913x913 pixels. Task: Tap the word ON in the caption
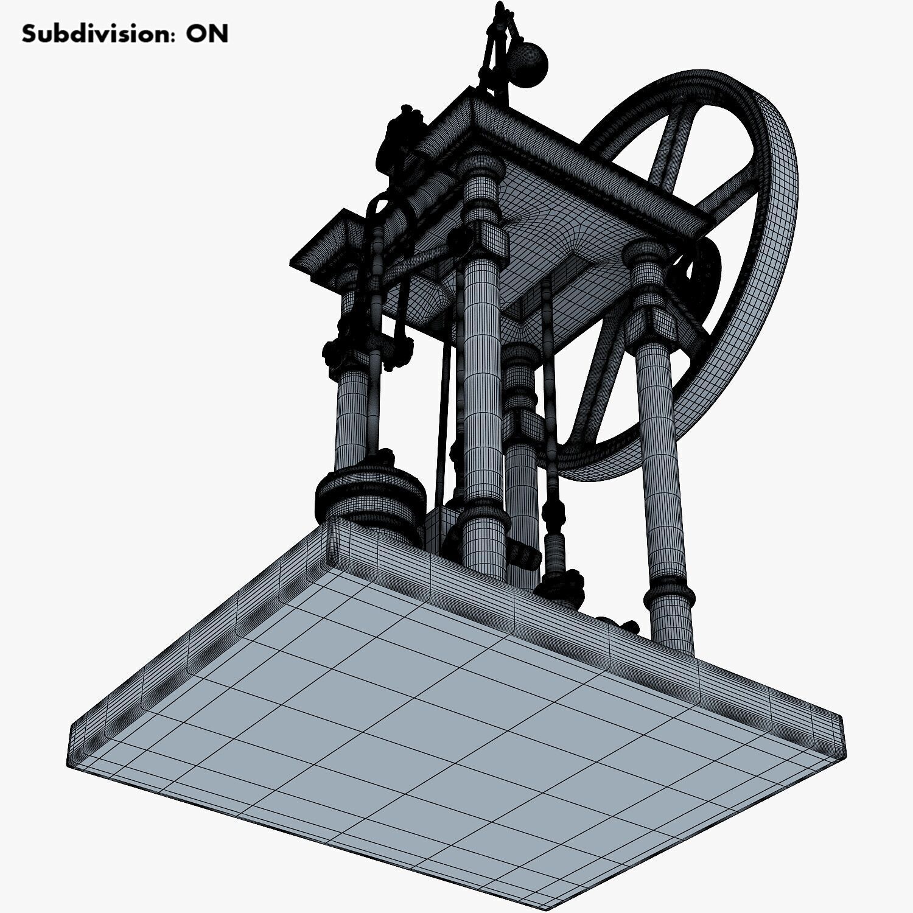click(207, 34)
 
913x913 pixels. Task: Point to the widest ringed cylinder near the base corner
click(369, 493)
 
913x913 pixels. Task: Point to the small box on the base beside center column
click(441, 530)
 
